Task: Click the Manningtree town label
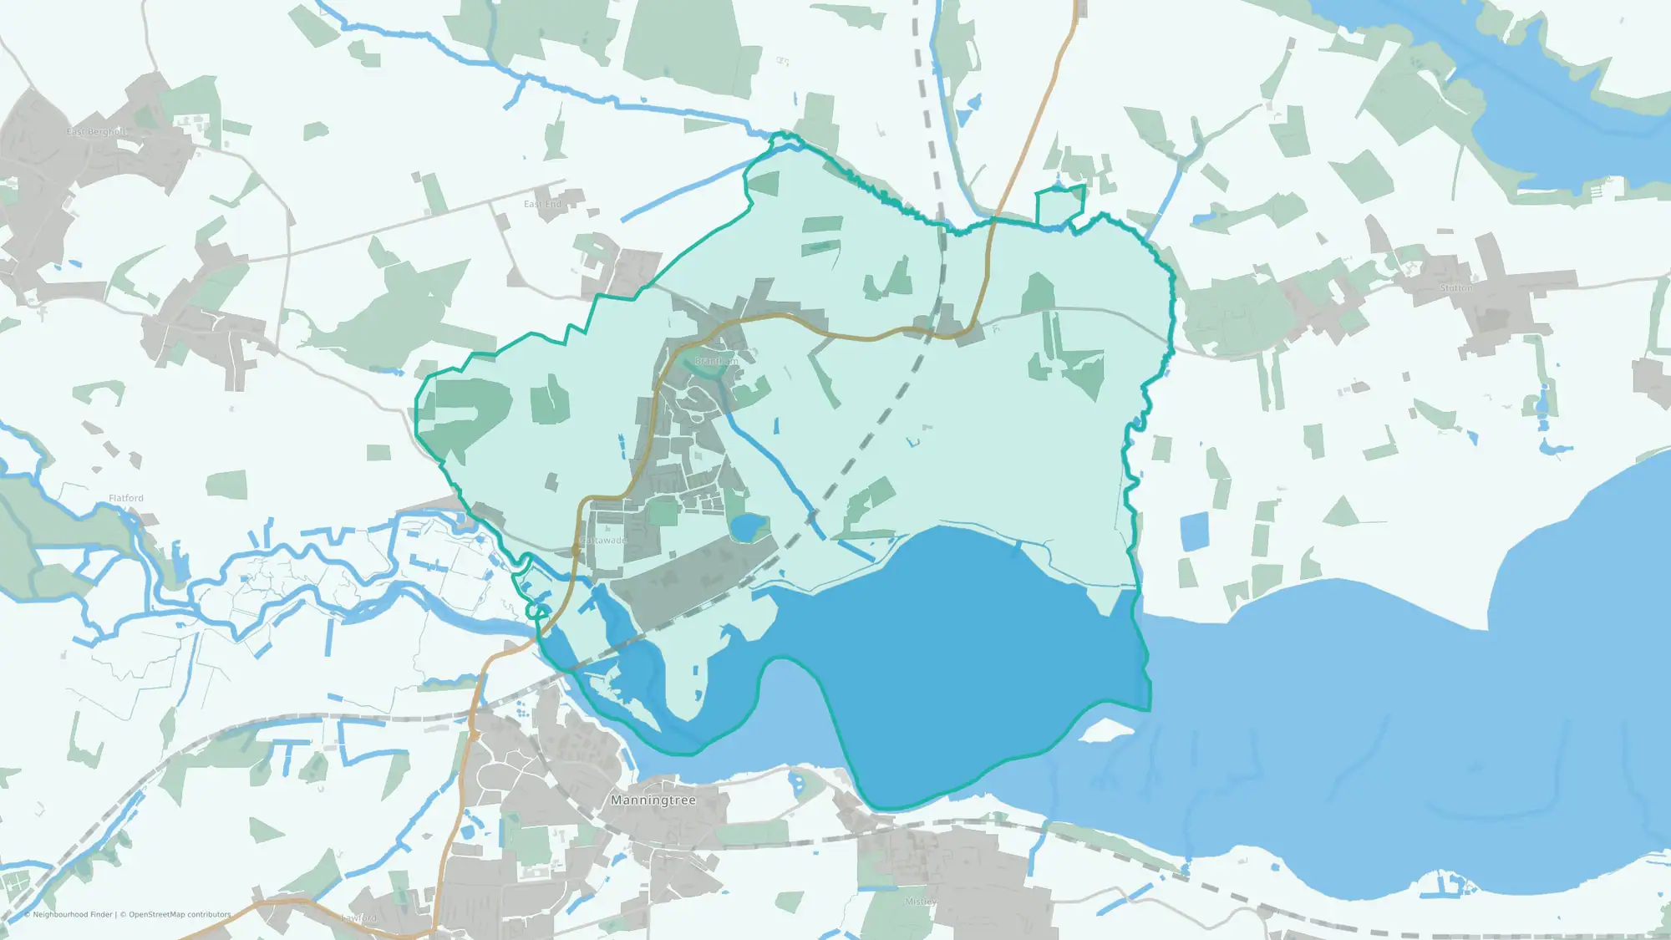tap(653, 800)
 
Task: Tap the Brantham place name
tap(716, 361)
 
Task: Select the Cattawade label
tap(603, 541)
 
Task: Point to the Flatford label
tap(126, 498)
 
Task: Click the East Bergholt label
tap(97, 132)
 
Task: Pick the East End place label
tap(542, 204)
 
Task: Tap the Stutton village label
tap(1456, 288)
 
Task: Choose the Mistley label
tap(920, 902)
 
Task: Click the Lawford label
tap(359, 918)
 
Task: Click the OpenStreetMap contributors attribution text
tap(180, 915)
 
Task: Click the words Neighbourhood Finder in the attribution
tap(72, 915)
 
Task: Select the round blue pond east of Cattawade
tap(746, 527)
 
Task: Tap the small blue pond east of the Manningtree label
tap(795, 784)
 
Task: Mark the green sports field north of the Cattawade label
tap(663, 511)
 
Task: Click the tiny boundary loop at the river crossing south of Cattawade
tap(535, 612)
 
